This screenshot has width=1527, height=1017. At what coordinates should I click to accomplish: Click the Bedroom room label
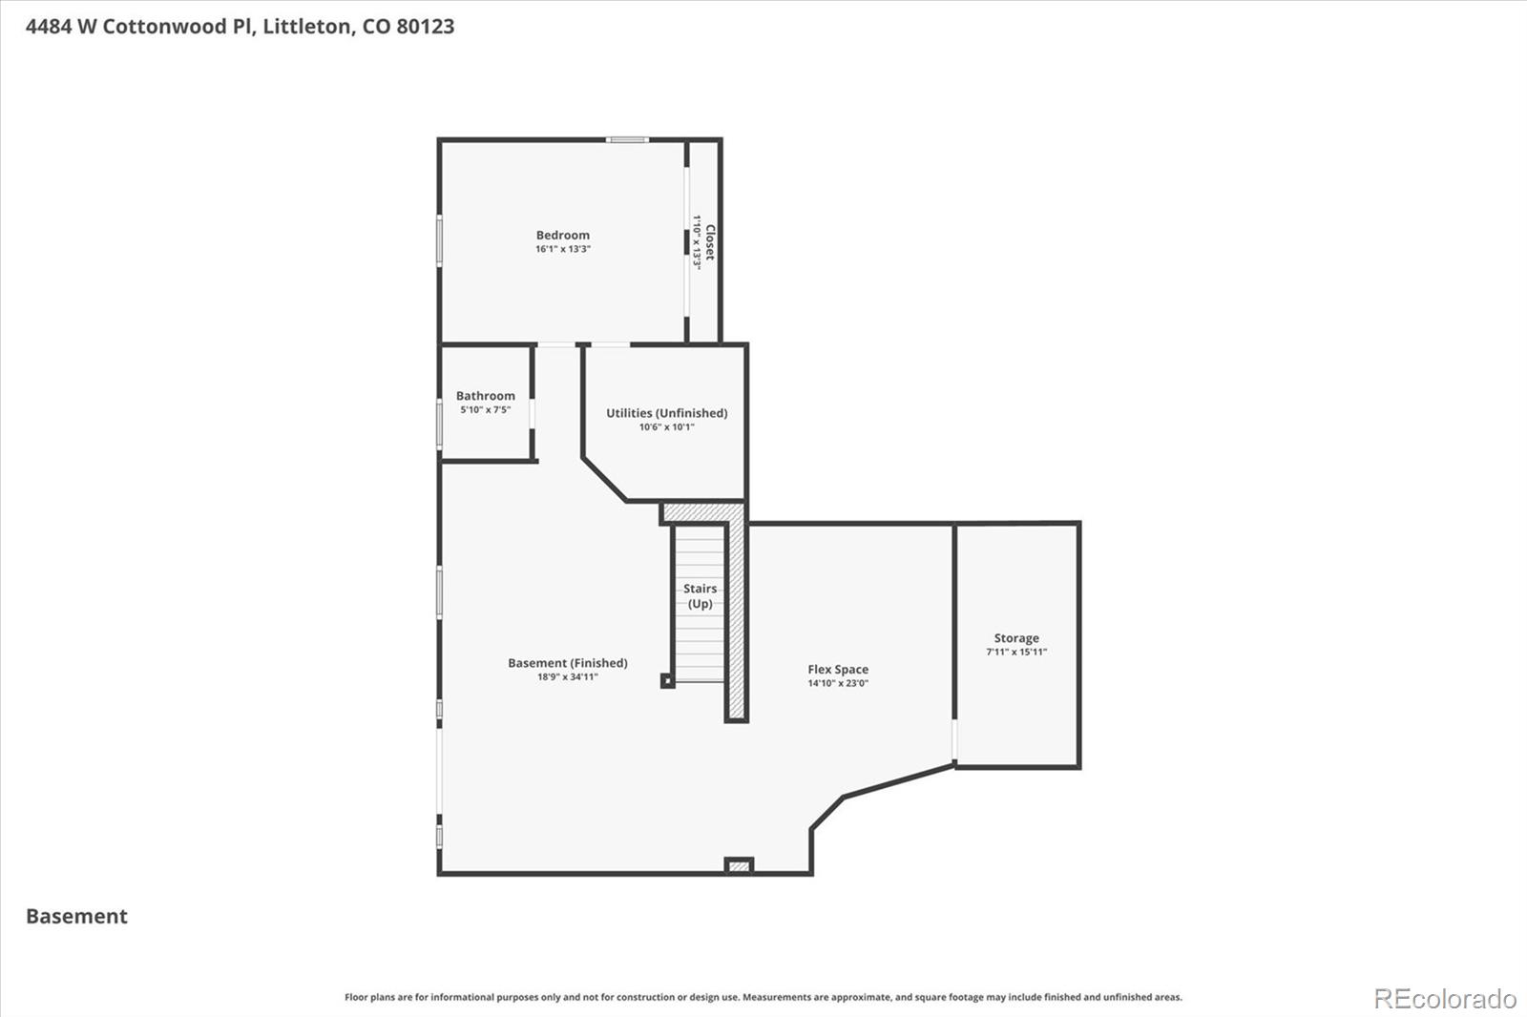tap(562, 235)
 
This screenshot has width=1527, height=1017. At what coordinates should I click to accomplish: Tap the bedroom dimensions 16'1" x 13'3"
tap(562, 249)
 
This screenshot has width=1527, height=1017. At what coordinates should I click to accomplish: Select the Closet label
tap(710, 242)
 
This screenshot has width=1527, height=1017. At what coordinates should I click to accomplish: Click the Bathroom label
tap(485, 396)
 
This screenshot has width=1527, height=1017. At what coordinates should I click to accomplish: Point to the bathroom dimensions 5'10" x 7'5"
tap(485, 410)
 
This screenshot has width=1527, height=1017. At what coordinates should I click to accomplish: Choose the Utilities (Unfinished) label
tap(666, 413)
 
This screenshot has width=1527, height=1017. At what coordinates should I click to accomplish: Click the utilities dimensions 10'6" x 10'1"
tap(666, 427)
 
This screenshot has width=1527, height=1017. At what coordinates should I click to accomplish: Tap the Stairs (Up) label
tap(700, 596)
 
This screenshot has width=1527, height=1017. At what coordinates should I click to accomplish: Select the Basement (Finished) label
tap(567, 663)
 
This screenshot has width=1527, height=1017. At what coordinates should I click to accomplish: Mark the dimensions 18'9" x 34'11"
tap(567, 677)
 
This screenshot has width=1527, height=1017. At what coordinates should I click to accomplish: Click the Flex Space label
tap(838, 670)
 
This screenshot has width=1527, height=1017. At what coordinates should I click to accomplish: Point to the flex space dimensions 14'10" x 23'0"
tap(838, 683)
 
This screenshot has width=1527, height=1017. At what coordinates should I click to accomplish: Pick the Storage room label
tap(1016, 638)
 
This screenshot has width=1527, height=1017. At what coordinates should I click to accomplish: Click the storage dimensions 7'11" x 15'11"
tap(1016, 653)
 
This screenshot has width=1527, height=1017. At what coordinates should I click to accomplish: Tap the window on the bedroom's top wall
tap(628, 140)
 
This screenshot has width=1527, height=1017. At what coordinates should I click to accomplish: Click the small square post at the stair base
tap(667, 681)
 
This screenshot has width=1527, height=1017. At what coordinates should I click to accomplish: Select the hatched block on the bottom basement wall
tap(739, 866)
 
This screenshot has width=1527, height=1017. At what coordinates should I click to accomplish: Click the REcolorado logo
tap(1445, 998)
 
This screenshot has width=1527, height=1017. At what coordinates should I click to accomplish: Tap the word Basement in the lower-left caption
tap(76, 916)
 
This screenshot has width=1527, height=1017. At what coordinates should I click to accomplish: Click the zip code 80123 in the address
tap(425, 27)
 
